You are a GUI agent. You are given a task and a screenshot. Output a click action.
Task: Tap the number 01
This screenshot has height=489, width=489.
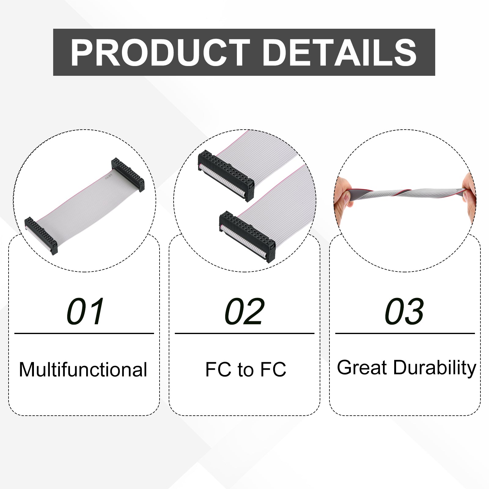85,311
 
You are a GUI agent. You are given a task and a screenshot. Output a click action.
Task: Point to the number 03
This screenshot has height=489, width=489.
404,311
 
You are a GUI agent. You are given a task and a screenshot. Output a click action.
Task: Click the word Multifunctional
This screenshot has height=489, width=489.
83,370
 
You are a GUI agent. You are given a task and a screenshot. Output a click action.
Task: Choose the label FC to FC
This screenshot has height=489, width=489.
246,369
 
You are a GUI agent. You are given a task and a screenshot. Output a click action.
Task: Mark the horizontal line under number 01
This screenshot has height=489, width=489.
84,333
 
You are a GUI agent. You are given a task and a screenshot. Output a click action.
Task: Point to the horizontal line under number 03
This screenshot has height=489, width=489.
405,333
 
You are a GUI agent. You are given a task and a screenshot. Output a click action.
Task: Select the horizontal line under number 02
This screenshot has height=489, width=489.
244,333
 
